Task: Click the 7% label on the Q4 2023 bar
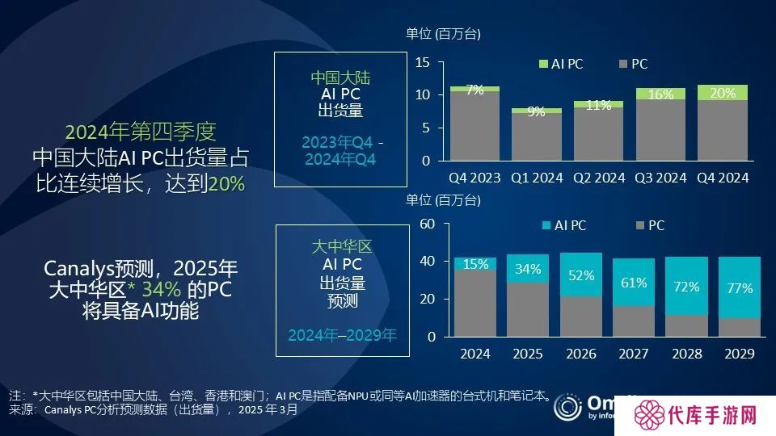click(474, 90)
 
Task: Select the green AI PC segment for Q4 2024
click(722, 93)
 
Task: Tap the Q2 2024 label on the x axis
click(598, 178)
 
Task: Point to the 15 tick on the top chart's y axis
click(422, 62)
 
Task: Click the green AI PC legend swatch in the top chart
click(542, 64)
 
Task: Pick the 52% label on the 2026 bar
click(581, 275)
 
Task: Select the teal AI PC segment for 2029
click(740, 287)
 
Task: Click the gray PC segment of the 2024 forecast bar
click(474, 303)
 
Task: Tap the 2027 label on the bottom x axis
click(634, 354)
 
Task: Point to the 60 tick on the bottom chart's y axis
click(428, 224)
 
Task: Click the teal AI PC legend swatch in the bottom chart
click(546, 226)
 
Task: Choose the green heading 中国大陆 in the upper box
click(339, 78)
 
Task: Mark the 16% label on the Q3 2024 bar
click(660, 95)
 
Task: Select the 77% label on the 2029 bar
click(740, 287)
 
